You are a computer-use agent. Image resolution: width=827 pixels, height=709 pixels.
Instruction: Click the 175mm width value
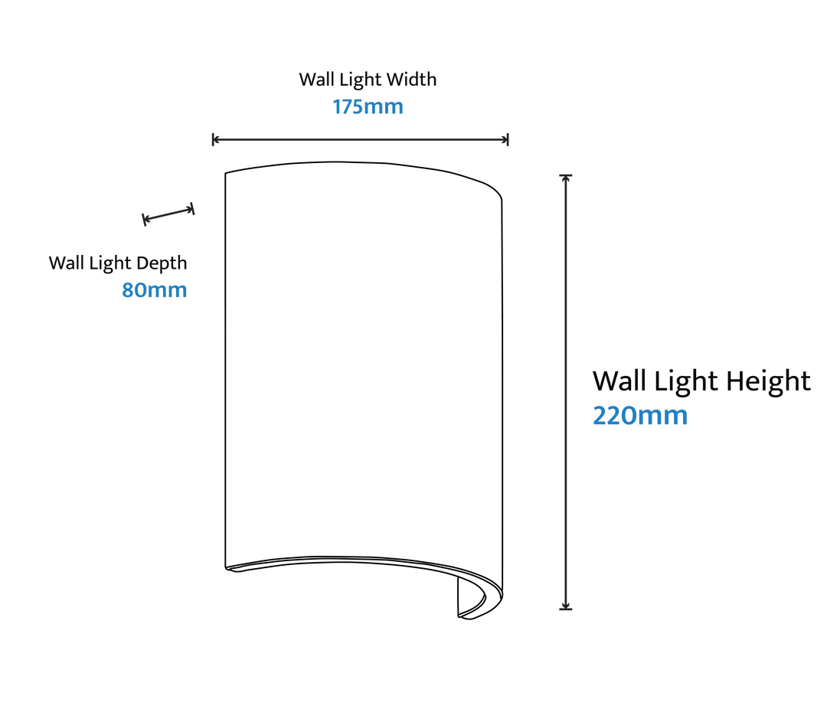368,106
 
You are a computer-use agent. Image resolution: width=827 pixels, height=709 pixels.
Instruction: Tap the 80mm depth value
155,290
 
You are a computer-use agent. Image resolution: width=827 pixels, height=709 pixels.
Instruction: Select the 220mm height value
640,415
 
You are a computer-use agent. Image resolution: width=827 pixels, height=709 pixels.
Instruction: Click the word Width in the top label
411,79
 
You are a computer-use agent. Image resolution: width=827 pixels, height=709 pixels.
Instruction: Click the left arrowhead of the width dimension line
215,140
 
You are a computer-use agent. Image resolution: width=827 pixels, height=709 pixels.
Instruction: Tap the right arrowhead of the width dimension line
505,140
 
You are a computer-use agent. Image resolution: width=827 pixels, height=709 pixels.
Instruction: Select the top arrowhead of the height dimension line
566,178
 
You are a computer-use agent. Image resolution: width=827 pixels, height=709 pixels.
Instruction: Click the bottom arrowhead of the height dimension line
566,606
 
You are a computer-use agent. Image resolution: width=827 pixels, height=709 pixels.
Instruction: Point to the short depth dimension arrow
168,214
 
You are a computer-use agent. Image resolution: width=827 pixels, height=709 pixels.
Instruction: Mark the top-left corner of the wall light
226,173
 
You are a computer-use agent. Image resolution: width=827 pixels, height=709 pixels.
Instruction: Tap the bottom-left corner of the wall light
226,567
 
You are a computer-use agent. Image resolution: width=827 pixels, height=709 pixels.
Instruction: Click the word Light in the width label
360,80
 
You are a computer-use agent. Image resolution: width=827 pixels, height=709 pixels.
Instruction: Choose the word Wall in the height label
621,381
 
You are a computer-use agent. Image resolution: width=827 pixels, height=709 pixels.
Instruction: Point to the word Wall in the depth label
66,263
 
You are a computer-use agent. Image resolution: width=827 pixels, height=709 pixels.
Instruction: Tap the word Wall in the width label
316,79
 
